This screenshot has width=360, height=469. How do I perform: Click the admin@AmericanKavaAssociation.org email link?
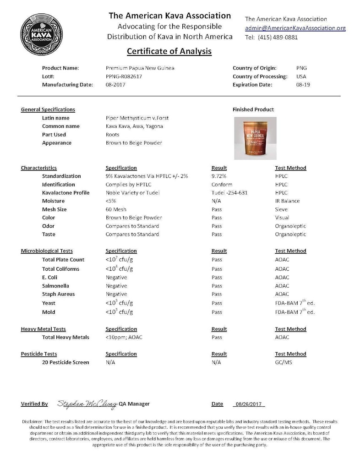click(x=295, y=28)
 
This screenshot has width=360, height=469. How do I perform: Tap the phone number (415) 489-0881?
click(x=278, y=37)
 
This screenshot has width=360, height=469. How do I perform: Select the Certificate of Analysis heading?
click(x=169, y=51)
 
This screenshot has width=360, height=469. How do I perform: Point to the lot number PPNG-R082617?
click(x=124, y=76)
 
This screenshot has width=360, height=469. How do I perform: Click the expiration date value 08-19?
click(x=303, y=85)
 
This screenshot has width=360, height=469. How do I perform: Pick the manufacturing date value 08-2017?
click(x=116, y=85)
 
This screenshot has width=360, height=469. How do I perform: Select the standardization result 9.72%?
click(x=219, y=176)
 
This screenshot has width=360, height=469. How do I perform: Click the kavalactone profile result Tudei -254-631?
click(x=229, y=193)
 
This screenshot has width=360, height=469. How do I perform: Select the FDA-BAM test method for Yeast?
click(x=295, y=303)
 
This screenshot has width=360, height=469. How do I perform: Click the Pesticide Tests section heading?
click(x=39, y=354)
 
